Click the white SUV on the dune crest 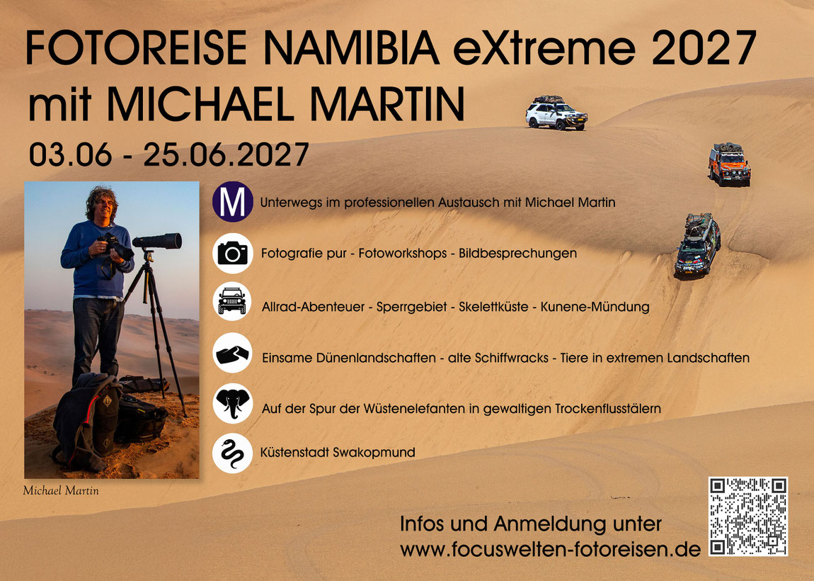(556, 113)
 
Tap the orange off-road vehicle (729, 164)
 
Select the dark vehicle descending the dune (697, 244)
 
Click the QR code (748, 516)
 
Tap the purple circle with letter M (233, 202)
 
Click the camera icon (233, 253)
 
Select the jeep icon (232, 301)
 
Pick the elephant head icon (233, 403)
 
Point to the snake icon (233, 453)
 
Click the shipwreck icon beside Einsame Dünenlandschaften (233, 353)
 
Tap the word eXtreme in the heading (544, 47)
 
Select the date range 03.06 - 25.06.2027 (168, 154)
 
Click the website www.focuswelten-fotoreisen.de (550, 549)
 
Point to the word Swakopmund (374, 452)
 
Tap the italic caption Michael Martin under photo (61, 490)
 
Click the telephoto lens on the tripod (156, 241)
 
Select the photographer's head (102, 204)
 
